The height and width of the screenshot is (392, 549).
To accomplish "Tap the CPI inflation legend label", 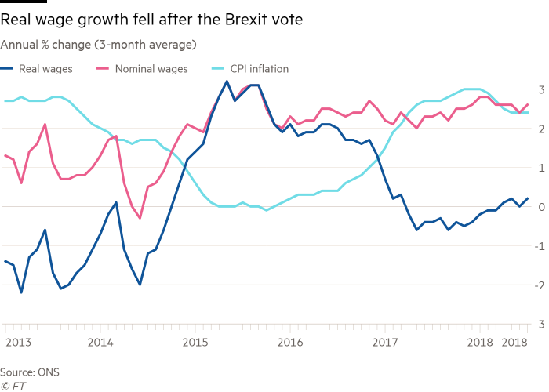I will [x=259, y=69].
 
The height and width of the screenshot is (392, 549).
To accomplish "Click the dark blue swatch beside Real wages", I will [x=10, y=69].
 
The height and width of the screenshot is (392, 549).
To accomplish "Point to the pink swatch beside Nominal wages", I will [x=110, y=69].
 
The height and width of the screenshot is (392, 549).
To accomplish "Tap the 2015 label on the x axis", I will [x=195, y=342].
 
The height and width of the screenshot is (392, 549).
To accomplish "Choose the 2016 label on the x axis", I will [x=289, y=342].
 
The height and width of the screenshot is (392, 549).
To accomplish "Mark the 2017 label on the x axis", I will [x=384, y=342].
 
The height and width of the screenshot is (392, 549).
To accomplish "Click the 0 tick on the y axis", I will [x=541, y=205].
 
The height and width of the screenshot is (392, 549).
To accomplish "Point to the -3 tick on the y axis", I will [x=540, y=323].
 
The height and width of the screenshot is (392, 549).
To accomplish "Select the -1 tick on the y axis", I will [x=540, y=245].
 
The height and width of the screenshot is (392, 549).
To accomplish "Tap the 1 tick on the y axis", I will [x=541, y=166].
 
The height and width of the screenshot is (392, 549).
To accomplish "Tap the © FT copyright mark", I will [x=13, y=385].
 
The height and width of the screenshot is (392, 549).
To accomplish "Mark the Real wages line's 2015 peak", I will [x=227, y=82].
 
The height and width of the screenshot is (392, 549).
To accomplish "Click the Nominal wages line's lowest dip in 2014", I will [x=140, y=217].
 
